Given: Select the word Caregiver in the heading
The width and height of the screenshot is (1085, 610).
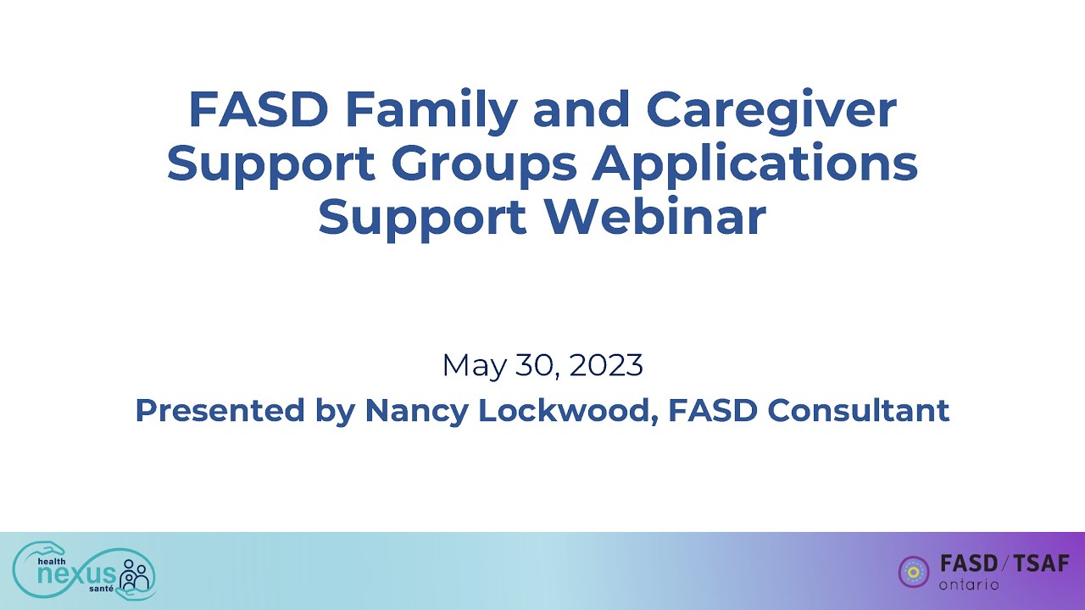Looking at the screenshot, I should pyautogui.click(x=771, y=110).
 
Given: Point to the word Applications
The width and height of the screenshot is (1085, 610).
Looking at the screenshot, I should pyautogui.click(x=754, y=164).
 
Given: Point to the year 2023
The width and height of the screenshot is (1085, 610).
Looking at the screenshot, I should pyautogui.click(x=606, y=366).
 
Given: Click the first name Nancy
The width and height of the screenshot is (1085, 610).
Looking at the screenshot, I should pyautogui.click(x=416, y=411).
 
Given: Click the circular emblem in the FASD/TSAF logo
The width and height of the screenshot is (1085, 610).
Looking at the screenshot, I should pyautogui.click(x=914, y=571).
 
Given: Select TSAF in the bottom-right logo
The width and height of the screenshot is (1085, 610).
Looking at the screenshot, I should pyautogui.click(x=1042, y=564).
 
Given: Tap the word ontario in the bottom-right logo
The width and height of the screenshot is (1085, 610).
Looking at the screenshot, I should pyautogui.click(x=969, y=585).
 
